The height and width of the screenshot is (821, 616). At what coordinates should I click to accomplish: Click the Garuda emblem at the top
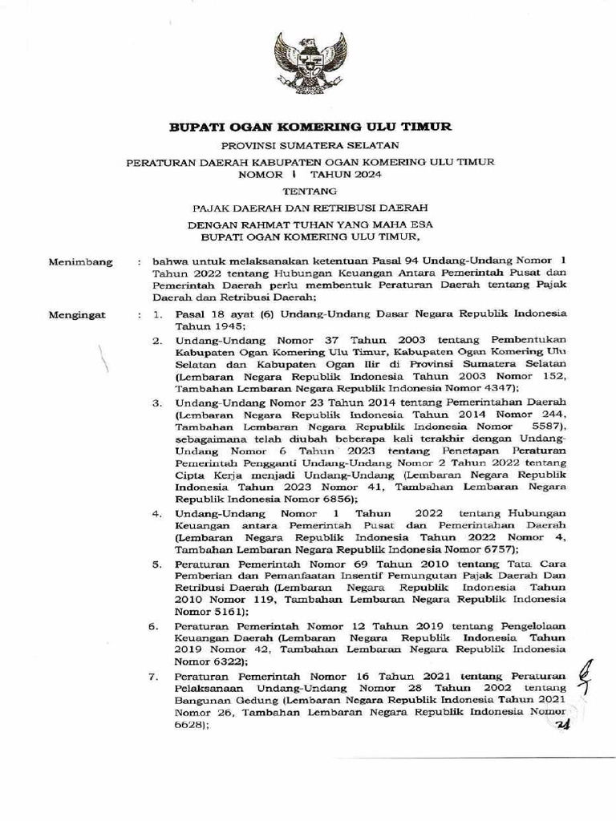(x=309, y=62)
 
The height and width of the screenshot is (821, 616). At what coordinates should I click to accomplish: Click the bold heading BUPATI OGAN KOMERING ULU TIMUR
(x=310, y=127)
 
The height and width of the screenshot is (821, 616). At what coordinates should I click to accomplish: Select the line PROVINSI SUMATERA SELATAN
(x=310, y=145)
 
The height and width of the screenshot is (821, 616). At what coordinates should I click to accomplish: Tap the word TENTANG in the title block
(x=310, y=191)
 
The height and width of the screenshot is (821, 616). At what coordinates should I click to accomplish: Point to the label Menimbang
(x=81, y=261)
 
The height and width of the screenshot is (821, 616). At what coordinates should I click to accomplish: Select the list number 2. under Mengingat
(x=159, y=342)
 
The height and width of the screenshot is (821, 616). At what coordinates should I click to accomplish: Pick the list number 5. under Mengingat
(x=159, y=564)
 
